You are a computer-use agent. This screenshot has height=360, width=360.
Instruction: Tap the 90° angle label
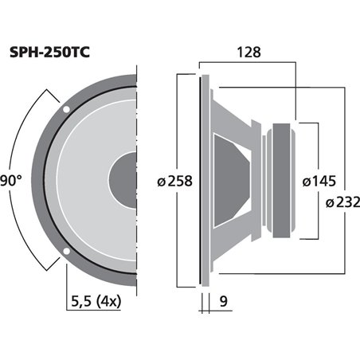tap(10, 181)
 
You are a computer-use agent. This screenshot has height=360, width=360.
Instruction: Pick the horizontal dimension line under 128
tap(248, 64)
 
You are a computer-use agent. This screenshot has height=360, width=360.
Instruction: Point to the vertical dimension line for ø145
tap(319, 143)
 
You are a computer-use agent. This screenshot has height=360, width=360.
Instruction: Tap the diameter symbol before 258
tap(162, 182)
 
